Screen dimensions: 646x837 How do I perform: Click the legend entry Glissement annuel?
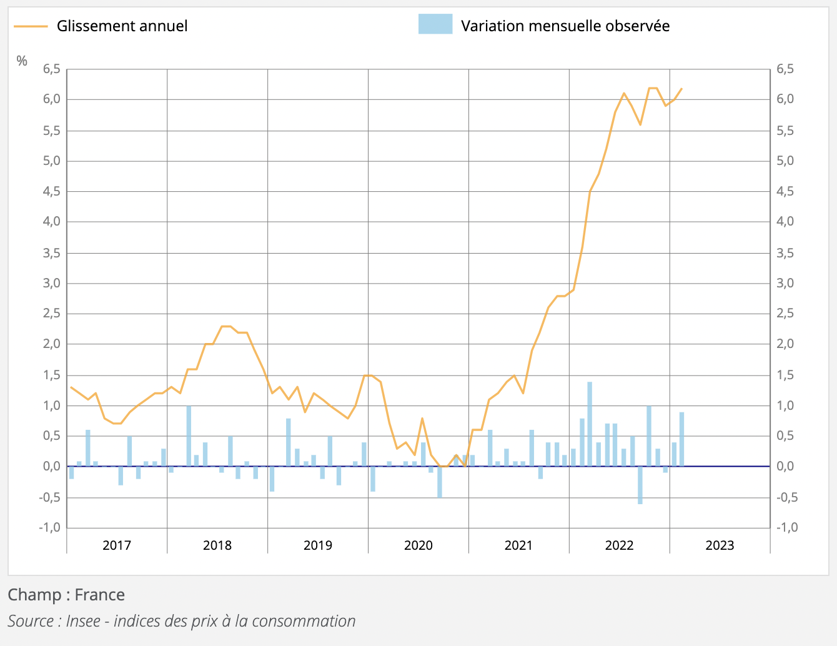(x=122, y=26)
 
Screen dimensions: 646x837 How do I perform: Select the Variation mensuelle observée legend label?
(x=565, y=26)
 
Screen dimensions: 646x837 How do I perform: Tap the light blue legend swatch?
(x=435, y=24)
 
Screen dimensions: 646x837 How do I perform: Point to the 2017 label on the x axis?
(x=117, y=545)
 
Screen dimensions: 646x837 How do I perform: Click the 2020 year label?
(x=418, y=545)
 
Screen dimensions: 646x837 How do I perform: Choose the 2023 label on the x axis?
(x=720, y=545)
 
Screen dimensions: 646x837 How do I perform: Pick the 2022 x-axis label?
(x=619, y=545)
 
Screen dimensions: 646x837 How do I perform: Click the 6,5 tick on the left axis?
(x=51, y=69)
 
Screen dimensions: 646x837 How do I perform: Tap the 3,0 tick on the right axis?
(x=785, y=283)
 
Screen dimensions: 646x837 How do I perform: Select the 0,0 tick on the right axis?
(x=785, y=467)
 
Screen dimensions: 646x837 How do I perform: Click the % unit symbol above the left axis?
(x=22, y=61)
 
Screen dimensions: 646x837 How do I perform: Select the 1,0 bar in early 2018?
(x=189, y=436)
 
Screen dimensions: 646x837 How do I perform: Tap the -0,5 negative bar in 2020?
(x=440, y=482)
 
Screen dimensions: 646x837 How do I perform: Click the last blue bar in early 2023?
(x=681, y=439)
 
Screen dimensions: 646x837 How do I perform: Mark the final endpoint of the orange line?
(x=681, y=89)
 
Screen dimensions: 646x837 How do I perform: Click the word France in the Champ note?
(x=99, y=594)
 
